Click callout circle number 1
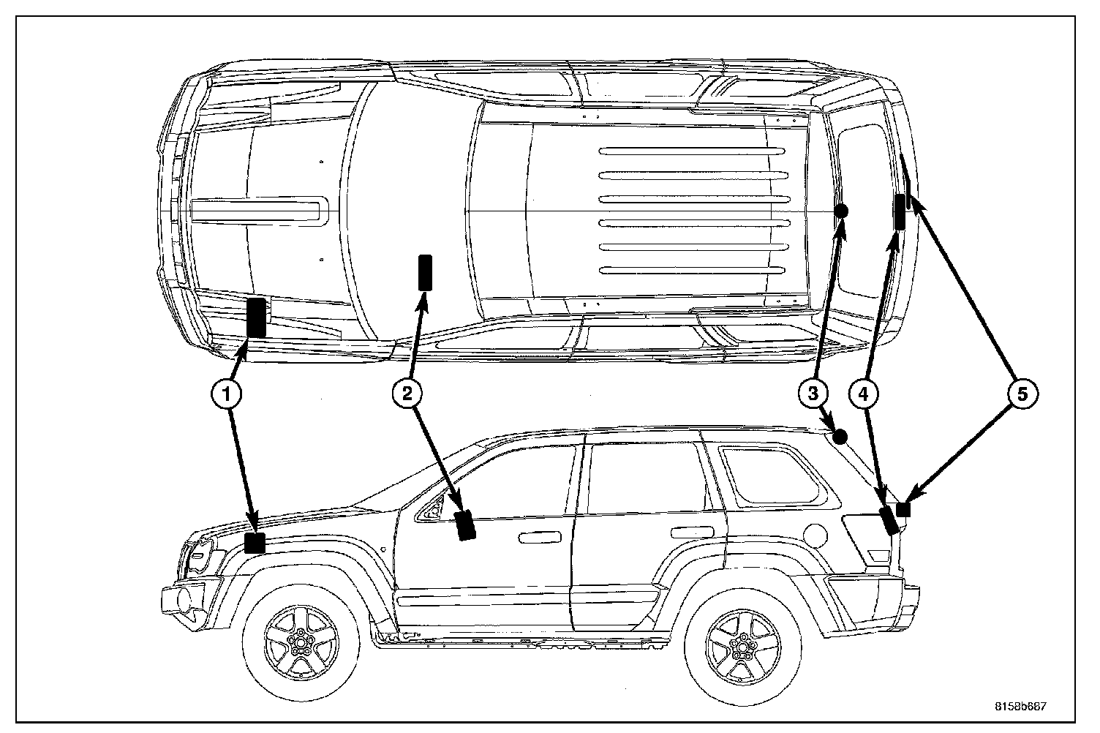click(x=227, y=394)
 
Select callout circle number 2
click(x=407, y=394)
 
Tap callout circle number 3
click(x=812, y=394)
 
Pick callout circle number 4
click(x=863, y=394)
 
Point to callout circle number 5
click(x=1022, y=394)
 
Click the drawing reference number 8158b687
click(x=1020, y=707)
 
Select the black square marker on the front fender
click(x=255, y=543)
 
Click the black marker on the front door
click(x=464, y=525)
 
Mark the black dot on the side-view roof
click(x=840, y=437)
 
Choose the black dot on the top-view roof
click(x=840, y=211)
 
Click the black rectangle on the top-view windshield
click(x=424, y=272)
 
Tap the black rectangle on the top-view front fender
click(x=255, y=317)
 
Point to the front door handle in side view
click(x=537, y=538)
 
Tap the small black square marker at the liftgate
click(x=903, y=509)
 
